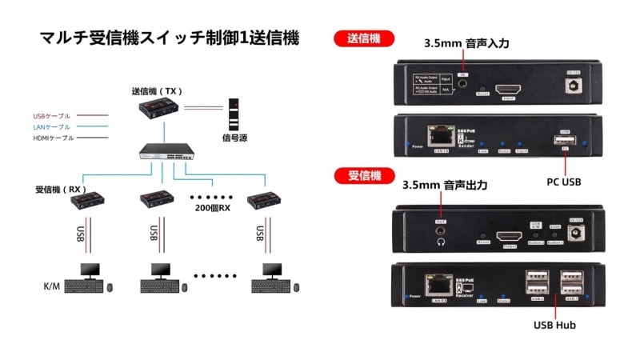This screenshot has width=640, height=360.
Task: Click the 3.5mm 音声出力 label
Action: click(444, 185)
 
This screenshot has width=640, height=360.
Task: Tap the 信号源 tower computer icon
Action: click(234, 114)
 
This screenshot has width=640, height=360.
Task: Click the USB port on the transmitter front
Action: click(565, 141)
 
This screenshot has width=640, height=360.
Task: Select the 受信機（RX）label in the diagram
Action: click(59, 190)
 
